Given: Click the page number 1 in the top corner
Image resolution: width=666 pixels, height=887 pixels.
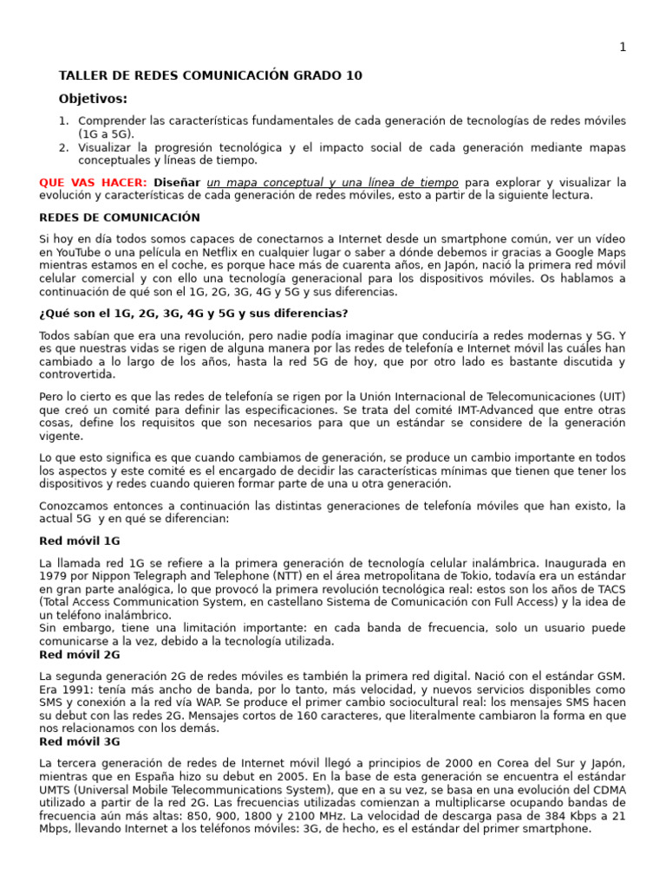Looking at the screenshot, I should (622, 48).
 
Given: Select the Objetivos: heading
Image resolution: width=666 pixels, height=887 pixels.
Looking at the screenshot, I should (93, 99).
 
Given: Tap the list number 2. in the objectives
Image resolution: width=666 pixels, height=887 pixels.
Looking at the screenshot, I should (64, 147).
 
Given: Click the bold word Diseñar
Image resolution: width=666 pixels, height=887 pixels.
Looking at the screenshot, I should (178, 183).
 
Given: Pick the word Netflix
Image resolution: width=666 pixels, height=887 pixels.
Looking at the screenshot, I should (240, 252).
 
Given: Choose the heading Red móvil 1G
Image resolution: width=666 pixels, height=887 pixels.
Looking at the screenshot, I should (80, 541).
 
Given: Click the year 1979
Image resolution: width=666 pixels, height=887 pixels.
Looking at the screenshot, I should (54, 576).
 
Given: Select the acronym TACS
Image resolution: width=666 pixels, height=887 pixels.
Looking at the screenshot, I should (611, 589).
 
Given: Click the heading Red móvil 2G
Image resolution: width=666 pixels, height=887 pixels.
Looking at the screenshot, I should (80, 655).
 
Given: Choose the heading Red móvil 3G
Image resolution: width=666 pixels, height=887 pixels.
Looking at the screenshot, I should (80, 742).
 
